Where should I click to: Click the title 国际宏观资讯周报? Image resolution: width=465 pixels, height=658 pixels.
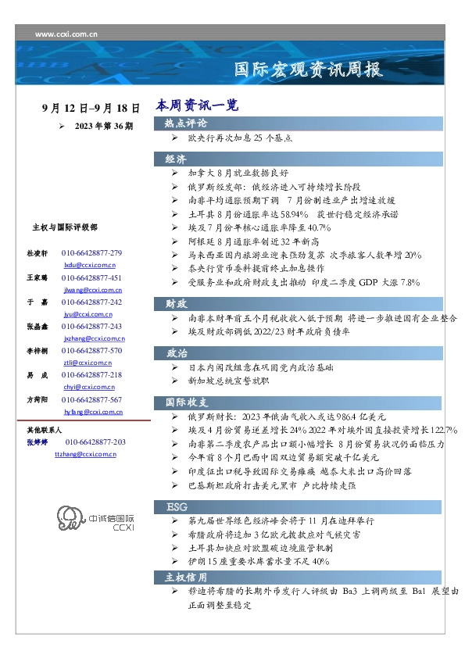pos(309,70)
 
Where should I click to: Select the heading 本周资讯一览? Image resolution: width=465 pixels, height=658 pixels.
pos(196,105)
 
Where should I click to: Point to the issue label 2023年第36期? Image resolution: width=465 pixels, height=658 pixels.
pos(103,125)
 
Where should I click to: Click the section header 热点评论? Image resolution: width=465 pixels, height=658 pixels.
pos(186,123)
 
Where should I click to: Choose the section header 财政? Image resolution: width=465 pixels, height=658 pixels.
pos(175,302)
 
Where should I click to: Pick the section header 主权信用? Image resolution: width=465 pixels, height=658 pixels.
pos(186,577)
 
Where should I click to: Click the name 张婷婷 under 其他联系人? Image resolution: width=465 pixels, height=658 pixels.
pos(38,443)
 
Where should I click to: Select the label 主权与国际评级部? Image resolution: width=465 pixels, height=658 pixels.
pos(64,227)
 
